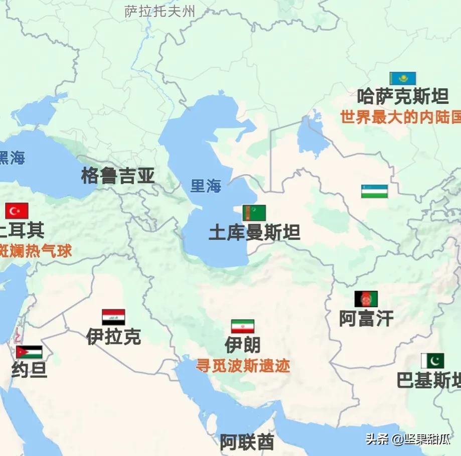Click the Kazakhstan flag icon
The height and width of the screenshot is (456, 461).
click(402, 79)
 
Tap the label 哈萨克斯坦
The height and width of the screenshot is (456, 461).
click(402, 96)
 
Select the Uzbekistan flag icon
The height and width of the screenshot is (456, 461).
click(374, 191)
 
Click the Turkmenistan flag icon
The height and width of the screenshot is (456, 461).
click(254, 213)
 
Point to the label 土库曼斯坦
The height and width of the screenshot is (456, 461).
click(254, 233)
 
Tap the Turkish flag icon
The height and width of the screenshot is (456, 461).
click(17, 211)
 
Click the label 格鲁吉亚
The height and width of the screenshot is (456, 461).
click(118, 176)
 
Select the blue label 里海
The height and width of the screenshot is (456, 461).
click(206, 186)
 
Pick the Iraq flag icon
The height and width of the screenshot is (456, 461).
click(113, 317)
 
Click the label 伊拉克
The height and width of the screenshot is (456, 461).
click(113, 337)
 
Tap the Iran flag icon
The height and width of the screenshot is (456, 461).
click(242, 327)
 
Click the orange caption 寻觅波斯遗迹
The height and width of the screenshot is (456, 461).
click(243, 366)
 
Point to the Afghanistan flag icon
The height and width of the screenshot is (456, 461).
click(366, 299)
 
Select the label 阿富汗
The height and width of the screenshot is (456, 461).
click(366, 319)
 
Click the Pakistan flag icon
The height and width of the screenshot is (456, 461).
click(432, 361)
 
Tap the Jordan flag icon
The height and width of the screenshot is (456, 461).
click(29, 352)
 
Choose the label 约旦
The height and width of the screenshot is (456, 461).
click(29, 370)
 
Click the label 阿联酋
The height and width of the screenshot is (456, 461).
click(247, 442)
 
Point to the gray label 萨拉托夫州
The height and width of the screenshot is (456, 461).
click(160, 12)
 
